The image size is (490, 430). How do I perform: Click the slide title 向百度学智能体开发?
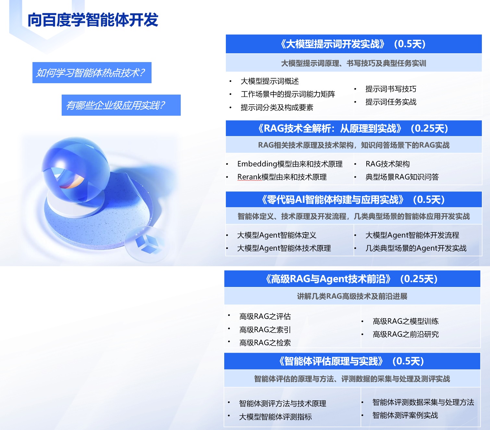[93, 20]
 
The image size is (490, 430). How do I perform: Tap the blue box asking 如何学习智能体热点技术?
[92, 73]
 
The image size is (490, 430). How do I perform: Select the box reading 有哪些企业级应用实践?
[121, 105]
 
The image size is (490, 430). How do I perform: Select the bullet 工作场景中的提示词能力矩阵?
[288, 94]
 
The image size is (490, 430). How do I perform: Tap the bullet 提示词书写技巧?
[391, 89]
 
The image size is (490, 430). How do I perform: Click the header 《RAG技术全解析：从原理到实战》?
[330, 128]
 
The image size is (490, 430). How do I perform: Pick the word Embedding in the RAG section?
[257, 164]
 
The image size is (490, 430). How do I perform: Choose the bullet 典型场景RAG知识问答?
[402, 177]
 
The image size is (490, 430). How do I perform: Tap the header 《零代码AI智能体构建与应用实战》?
[333, 200]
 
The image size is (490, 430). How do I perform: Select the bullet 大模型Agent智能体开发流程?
[412, 235]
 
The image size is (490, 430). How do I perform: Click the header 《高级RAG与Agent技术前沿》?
[328, 279]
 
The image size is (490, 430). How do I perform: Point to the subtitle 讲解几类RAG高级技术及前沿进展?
[352, 296]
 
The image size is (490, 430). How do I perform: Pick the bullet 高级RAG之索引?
[265, 330]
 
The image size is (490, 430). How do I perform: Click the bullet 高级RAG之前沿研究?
[406, 334]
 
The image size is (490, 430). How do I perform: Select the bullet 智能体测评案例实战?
[405, 415]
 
